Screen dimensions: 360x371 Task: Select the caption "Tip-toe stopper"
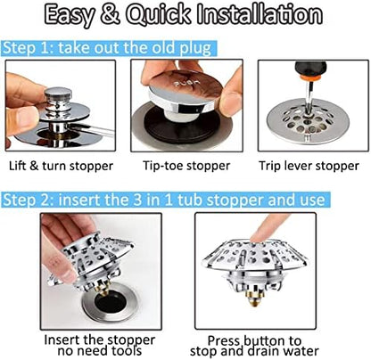tap(185, 166)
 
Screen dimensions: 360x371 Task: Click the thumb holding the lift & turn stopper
tap(22, 119)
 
